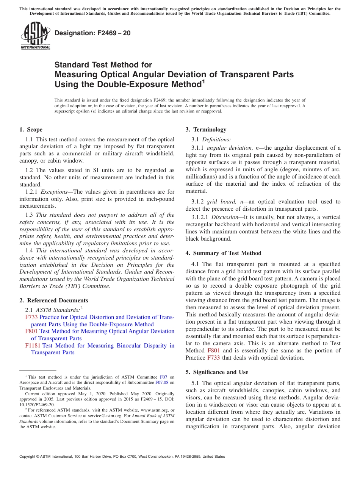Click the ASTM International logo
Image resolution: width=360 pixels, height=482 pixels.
[35, 36]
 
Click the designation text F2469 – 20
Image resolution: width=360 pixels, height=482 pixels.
[92, 33]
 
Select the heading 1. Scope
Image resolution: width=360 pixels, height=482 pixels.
[31, 130]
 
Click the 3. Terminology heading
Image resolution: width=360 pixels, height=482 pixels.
[206, 130]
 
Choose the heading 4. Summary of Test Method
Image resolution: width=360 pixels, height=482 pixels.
[223, 253]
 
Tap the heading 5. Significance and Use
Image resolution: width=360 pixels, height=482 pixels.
[217, 372]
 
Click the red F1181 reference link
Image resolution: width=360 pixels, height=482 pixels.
[33, 346]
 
